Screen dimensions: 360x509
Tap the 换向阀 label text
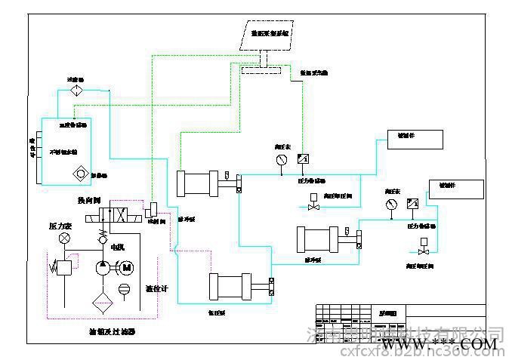(90, 200)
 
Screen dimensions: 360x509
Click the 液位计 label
(156, 289)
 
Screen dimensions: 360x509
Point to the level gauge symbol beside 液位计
(125, 289)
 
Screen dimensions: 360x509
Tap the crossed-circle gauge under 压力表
(65, 238)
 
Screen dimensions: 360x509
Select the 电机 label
(118, 247)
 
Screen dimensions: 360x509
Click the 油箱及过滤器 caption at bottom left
(112, 331)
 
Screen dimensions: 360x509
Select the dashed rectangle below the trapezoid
(261, 72)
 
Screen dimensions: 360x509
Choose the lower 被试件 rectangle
(455, 189)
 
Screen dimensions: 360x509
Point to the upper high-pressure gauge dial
(282, 159)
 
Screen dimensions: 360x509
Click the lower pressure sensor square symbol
(412, 204)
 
